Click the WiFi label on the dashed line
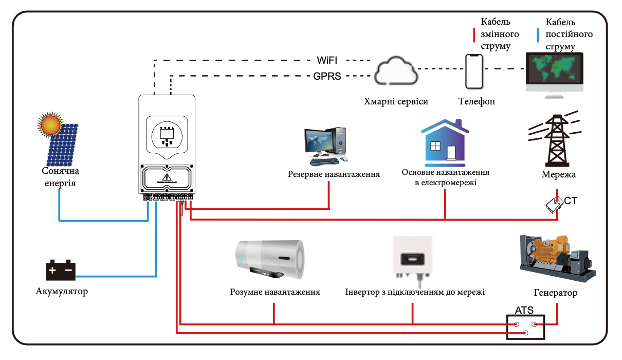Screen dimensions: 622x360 (x=327, y=60)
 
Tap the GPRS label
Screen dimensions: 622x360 (x=327, y=76)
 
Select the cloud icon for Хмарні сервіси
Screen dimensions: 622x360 (x=396, y=70)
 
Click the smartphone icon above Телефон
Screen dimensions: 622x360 (x=474, y=71)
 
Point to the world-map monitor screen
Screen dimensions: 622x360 (x=555, y=68)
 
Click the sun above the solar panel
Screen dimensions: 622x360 (x=50, y=125)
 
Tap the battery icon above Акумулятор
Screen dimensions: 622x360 (x=61, y=270)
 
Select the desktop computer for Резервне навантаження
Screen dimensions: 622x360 (x=325, y=146)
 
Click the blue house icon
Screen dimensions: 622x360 (x=445, y=143)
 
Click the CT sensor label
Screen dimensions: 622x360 (x=571, y=201)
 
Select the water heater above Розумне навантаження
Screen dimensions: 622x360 (x=270, y=259)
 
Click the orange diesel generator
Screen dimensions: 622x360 (x=558, y=258)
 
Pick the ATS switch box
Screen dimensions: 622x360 (x=525, y=327)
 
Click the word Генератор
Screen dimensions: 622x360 (x=556, y=293)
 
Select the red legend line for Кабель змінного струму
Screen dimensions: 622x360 (x=474, y=35)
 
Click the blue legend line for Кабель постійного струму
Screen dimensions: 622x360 (x=538, y=35)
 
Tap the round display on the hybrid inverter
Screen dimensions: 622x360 (x=167, y=136)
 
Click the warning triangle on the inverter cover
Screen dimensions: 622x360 (x=167, y=177)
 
